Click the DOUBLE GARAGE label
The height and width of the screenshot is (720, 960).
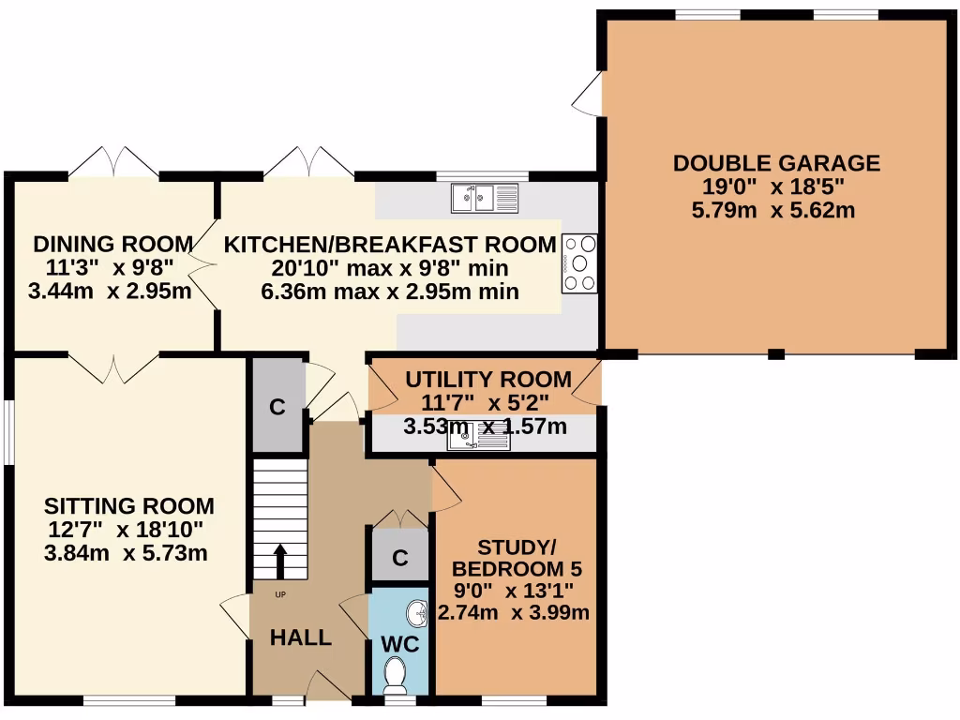776,163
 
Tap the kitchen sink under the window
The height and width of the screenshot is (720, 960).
485,198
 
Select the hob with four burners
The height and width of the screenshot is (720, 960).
579,262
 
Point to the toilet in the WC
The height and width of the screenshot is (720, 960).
396,672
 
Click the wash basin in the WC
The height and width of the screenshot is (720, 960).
415,614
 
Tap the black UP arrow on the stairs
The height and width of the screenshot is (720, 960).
279,561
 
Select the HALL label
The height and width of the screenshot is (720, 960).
301,638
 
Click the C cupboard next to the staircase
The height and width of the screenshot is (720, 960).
277,407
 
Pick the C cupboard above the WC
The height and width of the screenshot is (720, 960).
399,558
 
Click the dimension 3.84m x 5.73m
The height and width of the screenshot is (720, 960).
126,553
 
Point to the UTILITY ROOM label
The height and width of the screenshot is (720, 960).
487,380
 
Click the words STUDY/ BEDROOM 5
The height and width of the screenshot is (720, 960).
517,558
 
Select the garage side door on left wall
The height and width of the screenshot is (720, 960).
589,96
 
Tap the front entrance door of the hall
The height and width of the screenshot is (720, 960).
329,686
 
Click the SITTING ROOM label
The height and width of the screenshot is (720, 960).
129,506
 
